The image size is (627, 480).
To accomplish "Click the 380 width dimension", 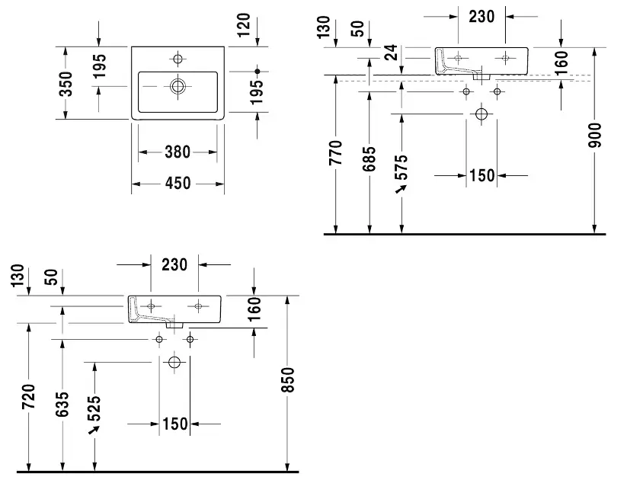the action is [x=178, y=152].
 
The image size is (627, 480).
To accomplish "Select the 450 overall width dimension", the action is [x=178, y=184].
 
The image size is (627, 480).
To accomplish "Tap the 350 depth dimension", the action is [x=66, y=84].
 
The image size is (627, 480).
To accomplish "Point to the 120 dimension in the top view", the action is [x=244, y=25].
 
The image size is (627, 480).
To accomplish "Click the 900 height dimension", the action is [x=595, y=135].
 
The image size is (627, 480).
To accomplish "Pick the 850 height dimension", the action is [x=287, y=379].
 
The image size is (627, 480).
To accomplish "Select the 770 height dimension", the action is [x=335, y=153].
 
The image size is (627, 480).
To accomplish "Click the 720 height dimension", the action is [x=29, y=396].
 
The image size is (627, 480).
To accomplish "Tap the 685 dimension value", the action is [x=369, y=159].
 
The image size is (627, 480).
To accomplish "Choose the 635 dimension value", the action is [x=62, y=405].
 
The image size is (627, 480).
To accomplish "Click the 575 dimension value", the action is [x=401, y=167].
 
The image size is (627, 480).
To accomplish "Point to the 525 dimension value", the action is [x=94, y=408].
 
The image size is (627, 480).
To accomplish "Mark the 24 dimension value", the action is [x=391, y=52].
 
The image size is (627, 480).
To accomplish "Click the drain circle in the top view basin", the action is [x=178, y=86].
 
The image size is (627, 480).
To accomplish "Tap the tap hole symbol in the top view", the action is [x=178, y=59].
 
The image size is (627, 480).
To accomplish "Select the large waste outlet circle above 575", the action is [x=481, y=114].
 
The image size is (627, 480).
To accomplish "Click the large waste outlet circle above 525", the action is [x=174, y=363].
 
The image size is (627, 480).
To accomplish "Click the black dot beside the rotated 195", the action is [x=257, y=72].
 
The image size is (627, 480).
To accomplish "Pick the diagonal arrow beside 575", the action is [x=401, y=189].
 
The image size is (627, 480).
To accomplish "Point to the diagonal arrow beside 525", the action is [x=94, y=430].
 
